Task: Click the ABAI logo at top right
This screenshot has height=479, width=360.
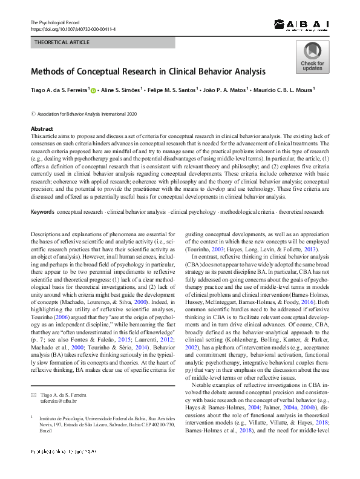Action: [x=301, y=25]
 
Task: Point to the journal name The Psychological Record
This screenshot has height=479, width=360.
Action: [x=55, y=22]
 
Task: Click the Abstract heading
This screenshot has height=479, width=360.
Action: [x=42, y=129]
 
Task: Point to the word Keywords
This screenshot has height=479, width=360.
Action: [x=42, y=213]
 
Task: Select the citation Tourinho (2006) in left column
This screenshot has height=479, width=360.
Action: [x=51, y=315]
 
